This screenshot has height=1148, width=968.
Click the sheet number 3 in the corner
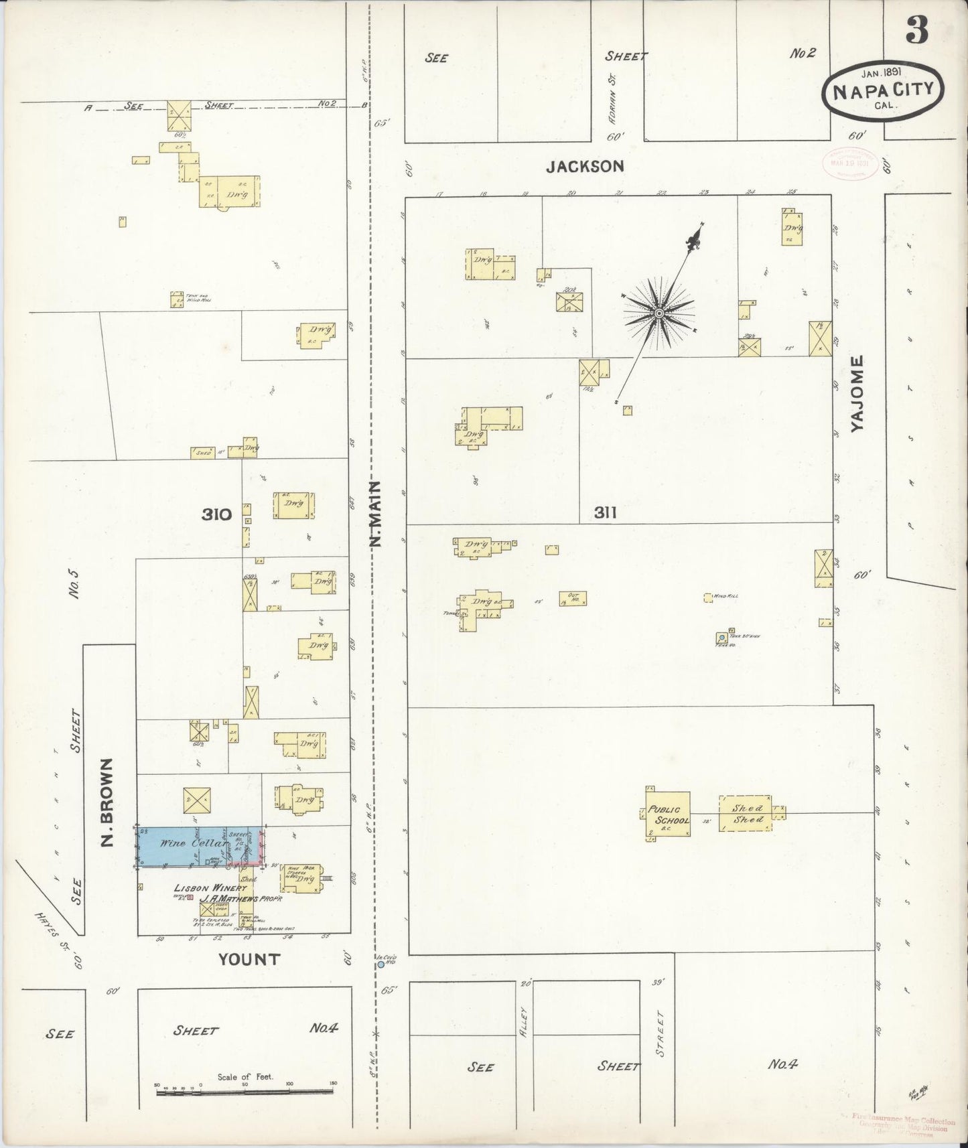pyautogui.click(x=918, y=30)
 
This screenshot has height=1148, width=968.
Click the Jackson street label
pyautogui.click(x=585, y=166)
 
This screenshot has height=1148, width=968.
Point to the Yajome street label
pyautogui.click(x=857, y=393)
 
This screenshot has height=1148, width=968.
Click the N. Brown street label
pyautogui.click(x=108, y=802)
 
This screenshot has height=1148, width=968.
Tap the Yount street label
pyautogui.click(x=249, y=959)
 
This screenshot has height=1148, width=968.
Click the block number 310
pyautogui.click(x=216, y=514)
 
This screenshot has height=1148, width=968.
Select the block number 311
pyautogui.click(x=605, y=513)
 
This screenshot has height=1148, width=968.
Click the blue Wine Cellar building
pyautogui.click(x=188, y=846)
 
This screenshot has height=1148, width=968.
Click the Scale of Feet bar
pyautogui.click(x=245, y=1092)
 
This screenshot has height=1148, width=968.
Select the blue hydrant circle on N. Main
pyautogui.click(x=381, y=965)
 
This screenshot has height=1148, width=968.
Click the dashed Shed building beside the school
pyautogui.click(x=746, y=814)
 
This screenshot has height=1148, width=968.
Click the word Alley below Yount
pyautogui.click(x=525, y=1023)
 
